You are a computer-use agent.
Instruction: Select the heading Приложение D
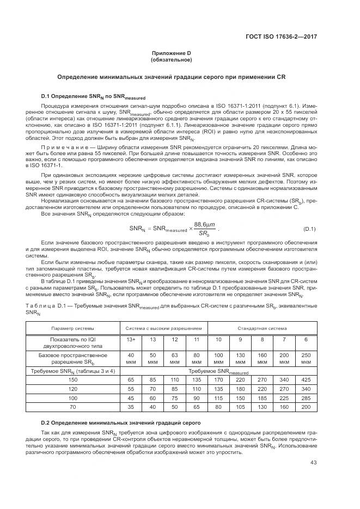point(172,53)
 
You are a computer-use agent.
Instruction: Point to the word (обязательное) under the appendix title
point(172,59)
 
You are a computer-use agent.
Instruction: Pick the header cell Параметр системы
point(72,328)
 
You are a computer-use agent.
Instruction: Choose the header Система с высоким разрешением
point(164,328)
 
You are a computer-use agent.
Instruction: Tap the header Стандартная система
point(261,328)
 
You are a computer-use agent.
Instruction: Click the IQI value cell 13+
point(131,340)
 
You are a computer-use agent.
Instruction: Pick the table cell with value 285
point(306,398)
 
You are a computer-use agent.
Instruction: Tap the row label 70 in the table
point(72,407)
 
